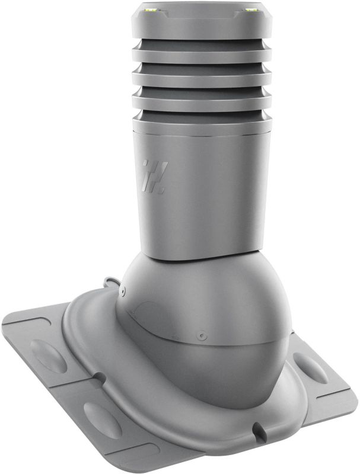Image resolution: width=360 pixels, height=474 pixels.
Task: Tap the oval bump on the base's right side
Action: pyautogui.click(x=309, y=368)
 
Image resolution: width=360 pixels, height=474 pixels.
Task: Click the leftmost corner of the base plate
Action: pyautogui.click(x=5, y=323)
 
